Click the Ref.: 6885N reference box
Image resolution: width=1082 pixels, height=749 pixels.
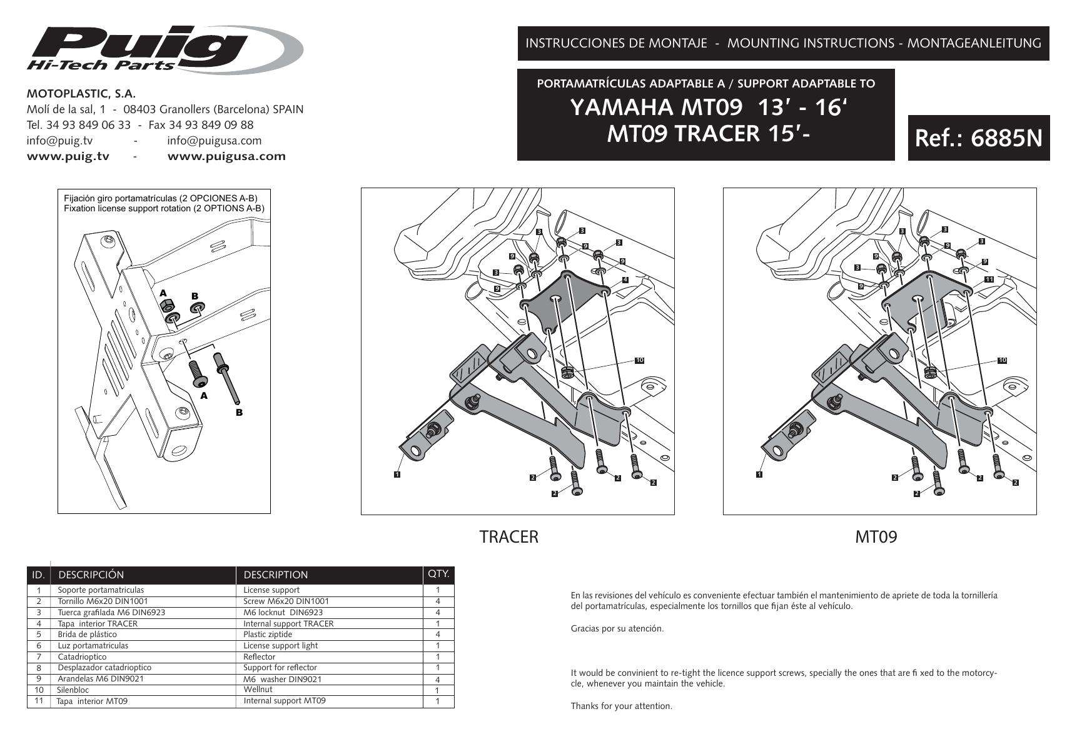coord(978,138)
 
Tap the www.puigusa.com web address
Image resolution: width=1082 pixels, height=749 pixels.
coord(226,156)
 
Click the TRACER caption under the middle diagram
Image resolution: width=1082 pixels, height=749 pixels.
coord(508,537)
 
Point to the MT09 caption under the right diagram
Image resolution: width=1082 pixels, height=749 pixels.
coord(876,537)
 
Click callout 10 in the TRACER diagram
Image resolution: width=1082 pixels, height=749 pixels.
coord(639,360)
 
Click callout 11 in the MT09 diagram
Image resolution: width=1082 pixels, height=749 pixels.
coord(989,279)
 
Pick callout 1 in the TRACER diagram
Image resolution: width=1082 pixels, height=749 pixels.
coord(397,474)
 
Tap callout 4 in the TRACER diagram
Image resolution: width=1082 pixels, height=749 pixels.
coord(625,279)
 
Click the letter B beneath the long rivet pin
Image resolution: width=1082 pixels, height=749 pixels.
coord(238,413)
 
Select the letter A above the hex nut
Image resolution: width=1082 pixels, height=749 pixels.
coord(163,293)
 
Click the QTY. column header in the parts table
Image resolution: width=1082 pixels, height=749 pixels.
coord(438,574)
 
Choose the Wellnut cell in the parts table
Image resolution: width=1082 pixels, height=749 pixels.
coord(258,690)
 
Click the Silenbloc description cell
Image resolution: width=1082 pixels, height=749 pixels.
coord(73,690)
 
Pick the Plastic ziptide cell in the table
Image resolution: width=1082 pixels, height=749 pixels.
coord(268,634)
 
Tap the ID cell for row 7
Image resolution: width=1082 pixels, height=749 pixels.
coord(39,657)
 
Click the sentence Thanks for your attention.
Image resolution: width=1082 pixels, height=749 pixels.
coord(621,706)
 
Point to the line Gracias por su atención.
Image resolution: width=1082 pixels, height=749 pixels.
coord(617,628)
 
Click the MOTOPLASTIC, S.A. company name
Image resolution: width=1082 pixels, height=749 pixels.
coord(81,94)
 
